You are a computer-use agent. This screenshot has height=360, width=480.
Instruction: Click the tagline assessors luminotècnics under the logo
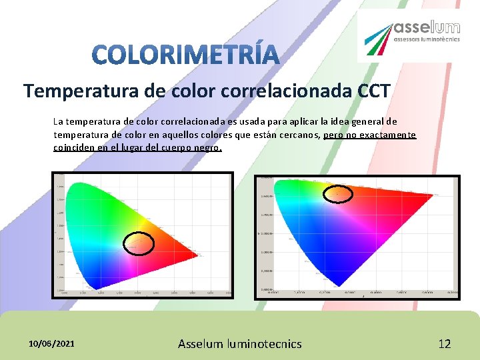[x=427, y=39]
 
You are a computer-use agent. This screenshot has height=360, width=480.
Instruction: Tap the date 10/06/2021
[x=51, y=343]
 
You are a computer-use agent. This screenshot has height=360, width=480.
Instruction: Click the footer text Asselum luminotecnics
[x=239, y=344]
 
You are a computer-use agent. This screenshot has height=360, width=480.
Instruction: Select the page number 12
[x=444, y=344]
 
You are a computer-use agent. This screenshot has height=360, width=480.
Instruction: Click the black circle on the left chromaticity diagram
[x=139, y=244]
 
